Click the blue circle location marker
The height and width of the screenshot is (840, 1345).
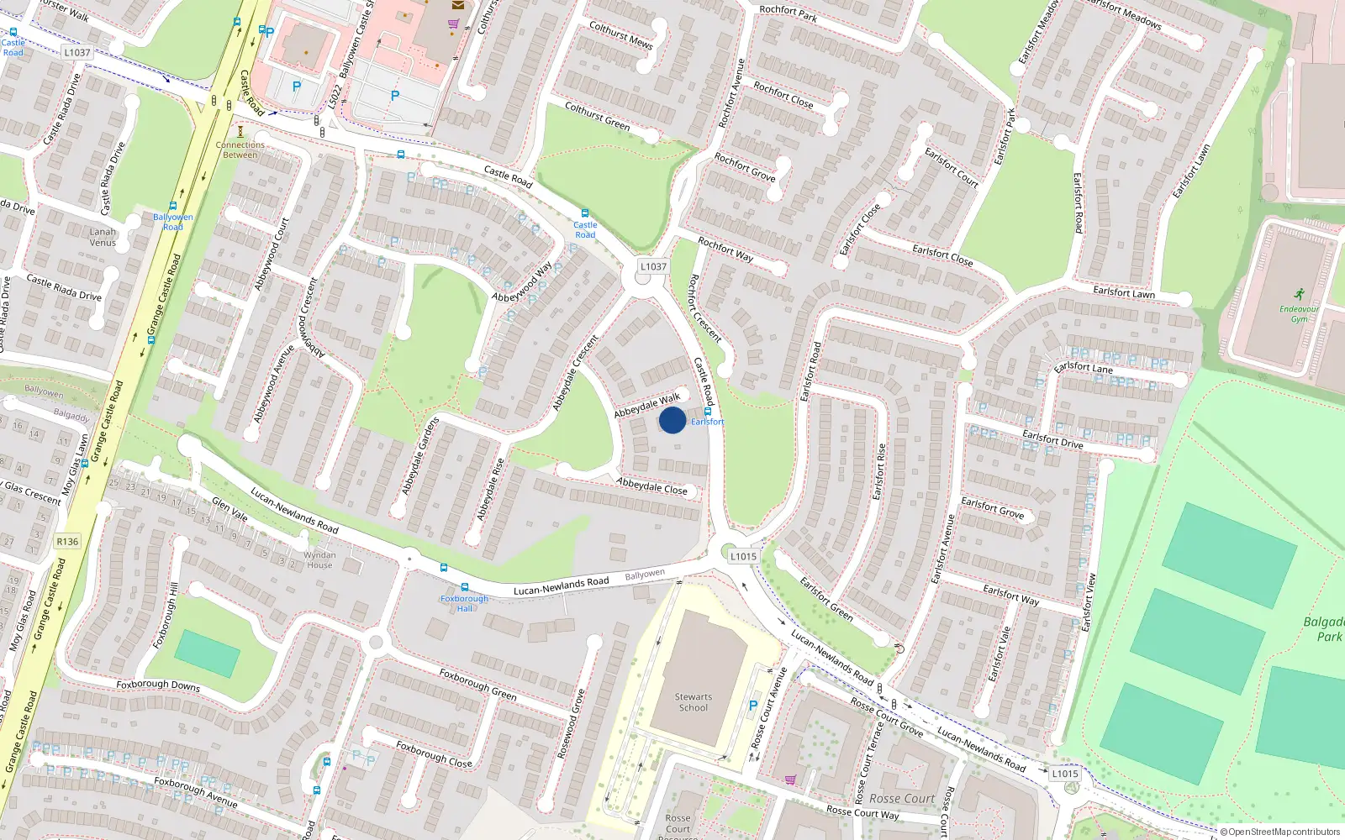(672, 420)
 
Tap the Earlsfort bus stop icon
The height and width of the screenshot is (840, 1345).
(708, 412)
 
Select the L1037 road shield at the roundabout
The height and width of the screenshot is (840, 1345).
(653, 266)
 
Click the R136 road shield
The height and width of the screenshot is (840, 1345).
(67, 541)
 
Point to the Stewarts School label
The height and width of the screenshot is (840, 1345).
(694, 702)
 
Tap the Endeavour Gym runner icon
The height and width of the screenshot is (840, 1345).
(1300, 294)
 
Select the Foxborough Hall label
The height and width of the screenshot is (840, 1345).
(464, 603)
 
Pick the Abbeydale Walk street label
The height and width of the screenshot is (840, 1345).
(646, 406)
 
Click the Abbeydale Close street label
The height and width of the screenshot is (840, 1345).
(651, 486)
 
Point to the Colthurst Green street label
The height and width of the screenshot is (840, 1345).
(598, 116)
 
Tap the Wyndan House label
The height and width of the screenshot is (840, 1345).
(319, 559)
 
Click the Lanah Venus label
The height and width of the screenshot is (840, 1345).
(103, 237)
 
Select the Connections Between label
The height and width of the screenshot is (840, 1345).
(240, 150)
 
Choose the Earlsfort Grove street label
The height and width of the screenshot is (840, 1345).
(993, 508)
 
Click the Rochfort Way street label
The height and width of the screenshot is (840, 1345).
(725, 249)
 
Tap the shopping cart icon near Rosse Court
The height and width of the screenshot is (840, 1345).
(790, 780)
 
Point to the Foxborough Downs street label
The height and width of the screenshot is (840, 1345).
(158, 685)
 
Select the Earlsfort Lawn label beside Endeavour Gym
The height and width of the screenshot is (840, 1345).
(1124, 292)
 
